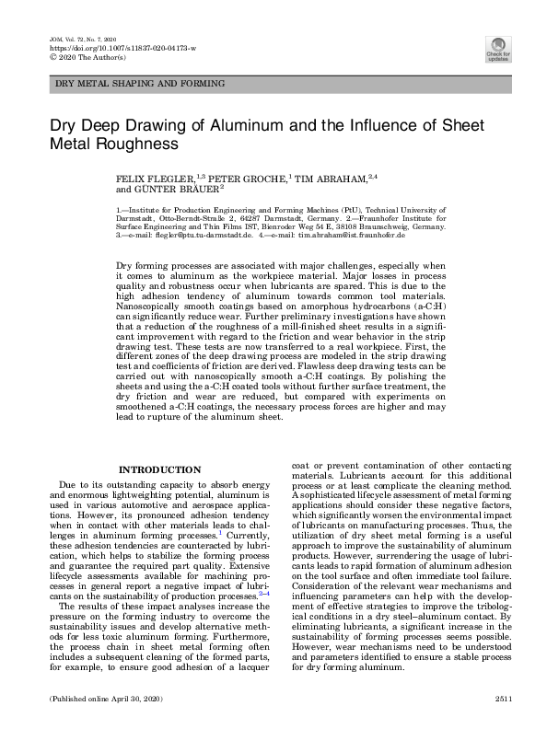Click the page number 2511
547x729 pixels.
[x=502, y=700]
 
